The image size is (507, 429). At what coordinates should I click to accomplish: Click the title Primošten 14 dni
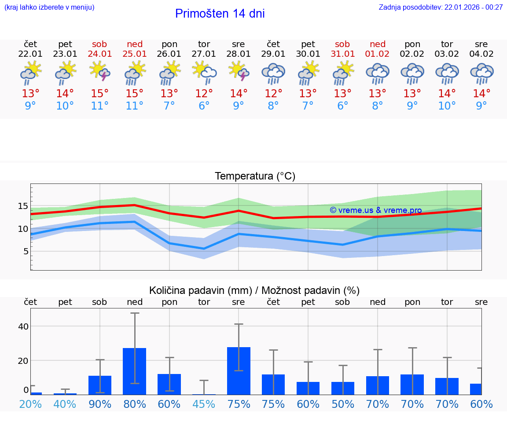tap(220, 14)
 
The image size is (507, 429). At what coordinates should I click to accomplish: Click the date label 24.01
tap(100, 54)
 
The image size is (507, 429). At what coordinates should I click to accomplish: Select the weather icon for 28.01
tap(239, 71)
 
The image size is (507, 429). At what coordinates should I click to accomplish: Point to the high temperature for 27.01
tap(204, 94)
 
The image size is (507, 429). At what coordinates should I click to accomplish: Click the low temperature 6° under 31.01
tap(342, 106)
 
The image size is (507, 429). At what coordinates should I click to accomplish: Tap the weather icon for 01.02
tap(377, 73)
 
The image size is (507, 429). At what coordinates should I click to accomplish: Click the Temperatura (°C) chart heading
tap(255, 176)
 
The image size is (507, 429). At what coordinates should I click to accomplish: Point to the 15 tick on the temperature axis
tap(23, 206)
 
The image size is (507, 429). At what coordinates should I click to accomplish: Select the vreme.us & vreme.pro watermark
tap(375, 210)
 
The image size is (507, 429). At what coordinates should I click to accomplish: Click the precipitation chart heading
tap(254, 290)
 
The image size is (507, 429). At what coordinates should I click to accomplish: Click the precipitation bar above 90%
tap(100, 385)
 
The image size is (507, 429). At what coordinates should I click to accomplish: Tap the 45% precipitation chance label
tap(204, 404)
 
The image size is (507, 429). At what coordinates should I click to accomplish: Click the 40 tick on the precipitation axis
tap(23, 326)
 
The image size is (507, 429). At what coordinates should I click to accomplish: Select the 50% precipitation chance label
tap(342, 404)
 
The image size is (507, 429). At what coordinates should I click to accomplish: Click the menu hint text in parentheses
tap(49, 7)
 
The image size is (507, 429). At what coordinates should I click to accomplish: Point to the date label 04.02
tap(481, 54)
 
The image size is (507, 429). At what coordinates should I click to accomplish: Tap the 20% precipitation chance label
tap(30, 404)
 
